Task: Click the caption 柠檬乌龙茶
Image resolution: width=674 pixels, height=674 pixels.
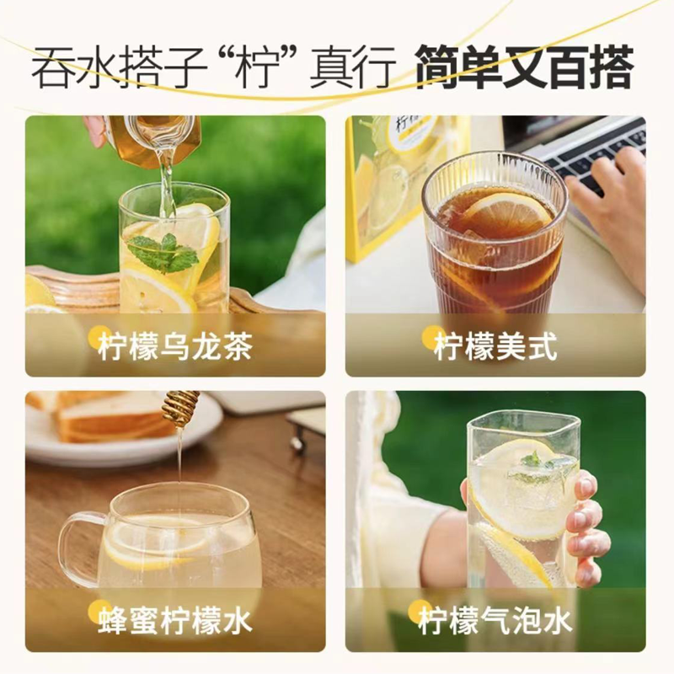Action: pos(174,346)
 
